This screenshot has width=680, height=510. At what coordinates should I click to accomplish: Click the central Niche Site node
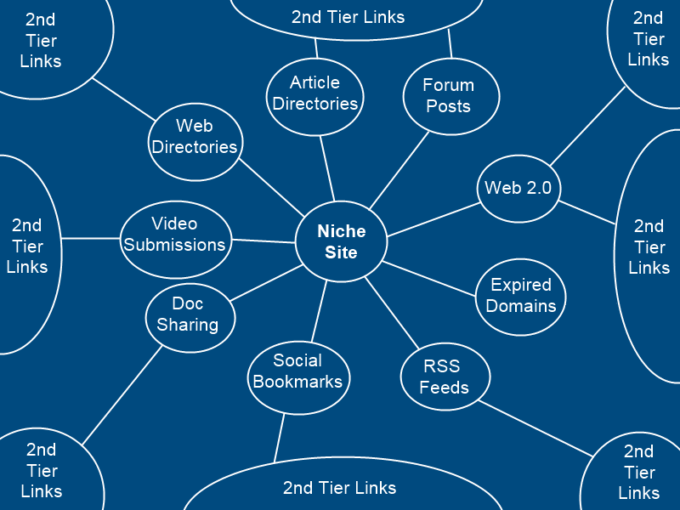click(342, 242)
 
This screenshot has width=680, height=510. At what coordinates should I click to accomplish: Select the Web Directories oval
click(195, 142)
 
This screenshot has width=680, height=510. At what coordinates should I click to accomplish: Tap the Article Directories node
click(315, 94)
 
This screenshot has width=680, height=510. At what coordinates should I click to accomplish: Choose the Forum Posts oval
click(449, 95)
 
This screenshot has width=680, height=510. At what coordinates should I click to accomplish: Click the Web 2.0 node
click(518, 188)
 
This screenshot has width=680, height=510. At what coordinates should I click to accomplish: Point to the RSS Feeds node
click(445, 377)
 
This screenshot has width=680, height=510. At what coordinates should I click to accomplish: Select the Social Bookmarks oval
click(297, 371)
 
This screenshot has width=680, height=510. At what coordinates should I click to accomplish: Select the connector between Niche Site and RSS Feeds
click(393, 314)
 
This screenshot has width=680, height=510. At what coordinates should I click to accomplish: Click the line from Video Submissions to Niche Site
click(263, 241)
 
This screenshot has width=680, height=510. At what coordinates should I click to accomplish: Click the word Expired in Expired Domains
click(521, 285)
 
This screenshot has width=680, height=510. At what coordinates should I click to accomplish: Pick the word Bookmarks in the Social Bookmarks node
click(297, 382)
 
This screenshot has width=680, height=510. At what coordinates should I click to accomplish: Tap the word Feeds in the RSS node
click(445, 388)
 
